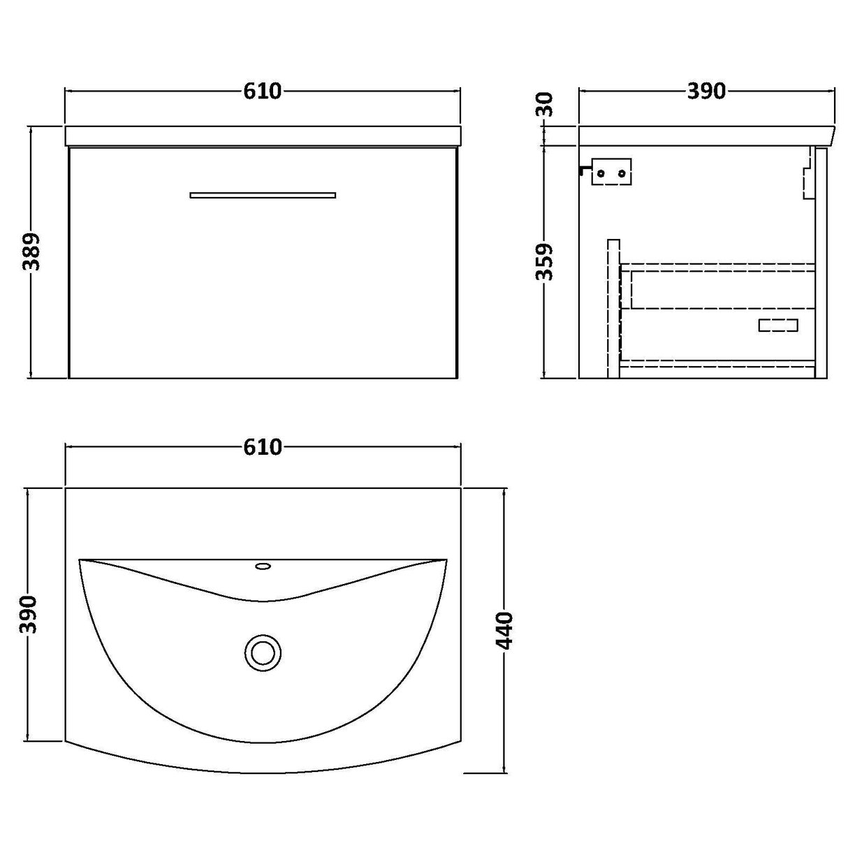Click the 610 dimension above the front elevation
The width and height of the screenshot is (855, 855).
coord(263,91)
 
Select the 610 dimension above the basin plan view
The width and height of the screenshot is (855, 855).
coord(263,446)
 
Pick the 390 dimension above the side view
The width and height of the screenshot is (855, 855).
coord(707,91)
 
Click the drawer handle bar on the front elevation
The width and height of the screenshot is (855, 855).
coord(263,195)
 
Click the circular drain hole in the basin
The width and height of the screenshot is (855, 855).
coord(263,653)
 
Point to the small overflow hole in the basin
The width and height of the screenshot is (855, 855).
coord(263,566)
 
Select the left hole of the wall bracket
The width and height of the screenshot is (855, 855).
coord(601,173)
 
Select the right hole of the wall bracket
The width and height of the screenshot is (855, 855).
coord(620,173)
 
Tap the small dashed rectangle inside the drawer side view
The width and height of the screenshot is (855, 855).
coord(778,325)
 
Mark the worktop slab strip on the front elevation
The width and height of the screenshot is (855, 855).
coord(263,136)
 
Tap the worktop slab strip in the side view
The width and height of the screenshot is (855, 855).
coord(706,136)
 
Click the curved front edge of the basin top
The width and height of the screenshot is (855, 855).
coord(263,773)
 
